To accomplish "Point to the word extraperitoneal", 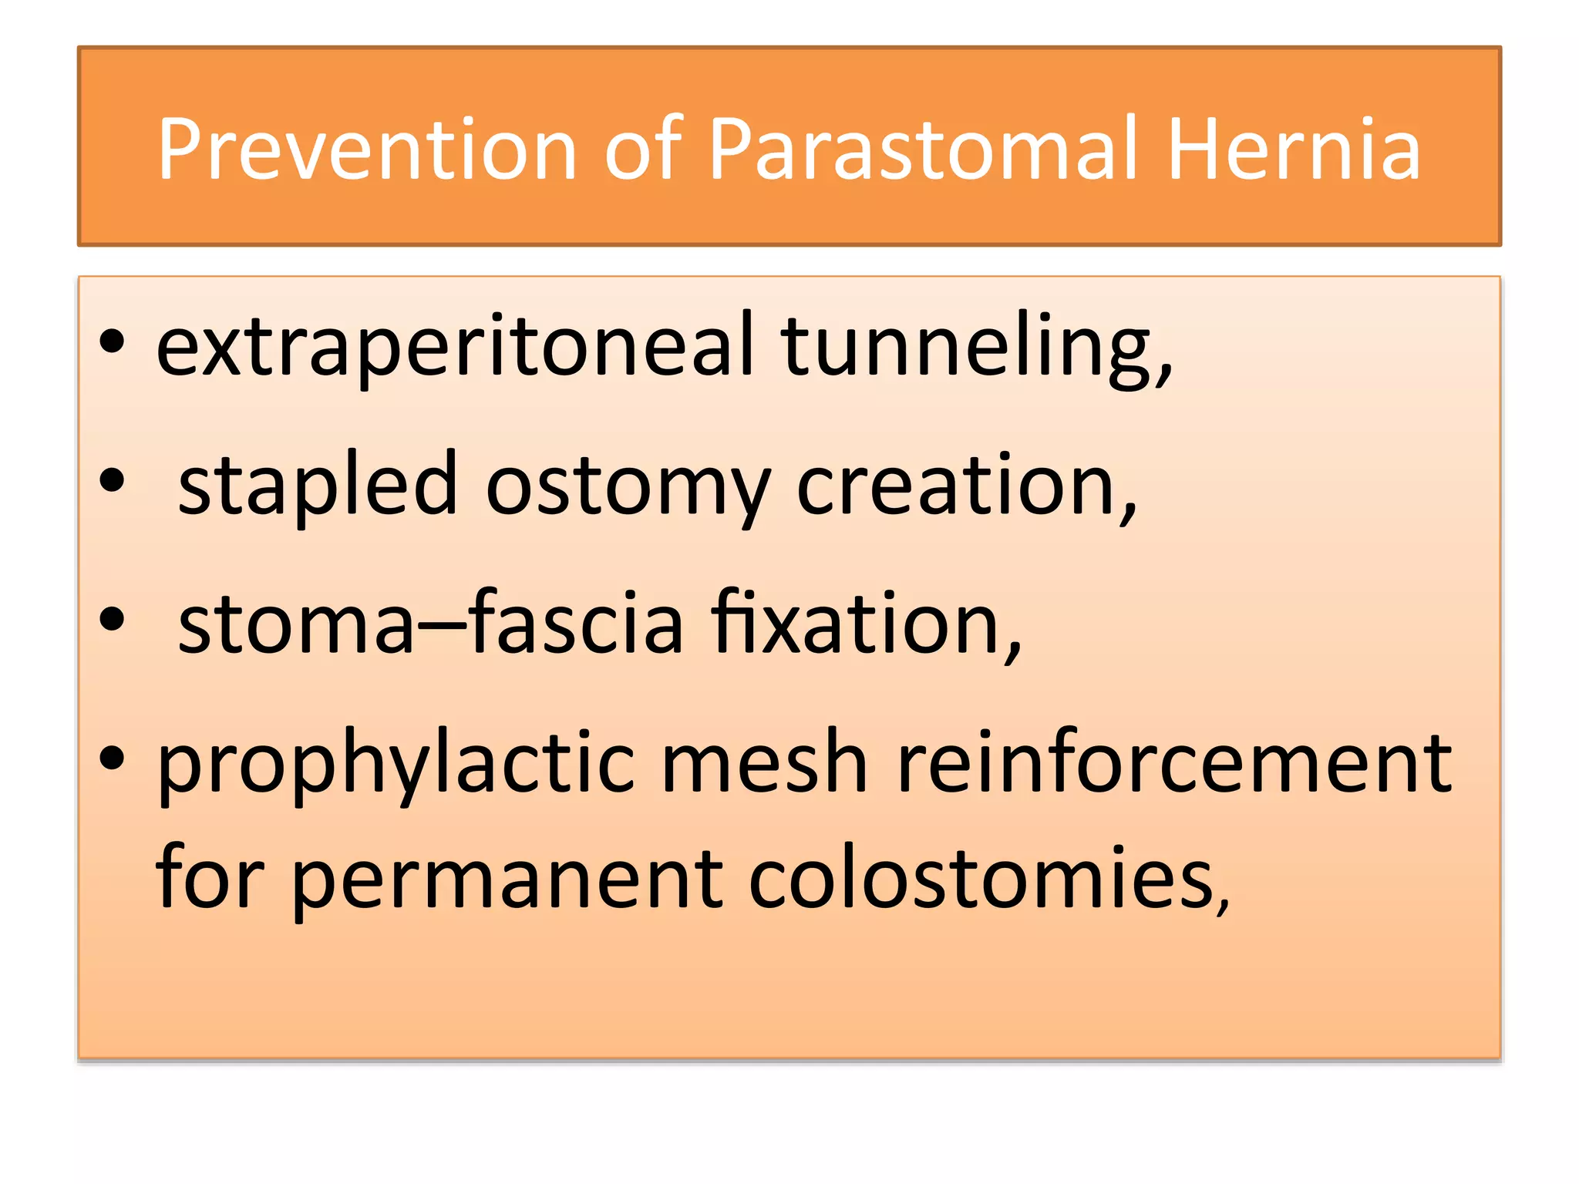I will click(x=455, y=347).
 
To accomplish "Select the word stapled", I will click(x=318, y=486).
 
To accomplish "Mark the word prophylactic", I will click(x=396, y=763).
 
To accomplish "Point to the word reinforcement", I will click(x=1175, y=763).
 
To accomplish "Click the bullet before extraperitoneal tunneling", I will click(x=112, y=341).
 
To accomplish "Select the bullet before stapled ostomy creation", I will click(x=112, y=480).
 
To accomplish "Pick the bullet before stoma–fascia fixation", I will click(x=112, y=619).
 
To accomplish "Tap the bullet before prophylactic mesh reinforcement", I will click(x=112, y=758).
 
